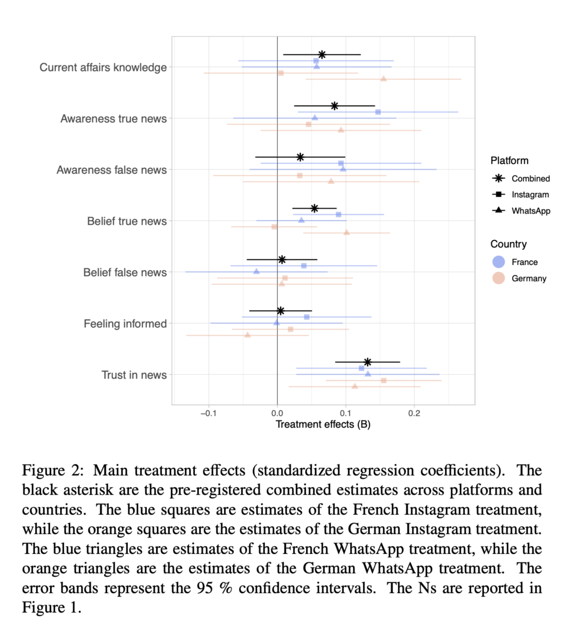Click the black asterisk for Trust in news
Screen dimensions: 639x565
367,362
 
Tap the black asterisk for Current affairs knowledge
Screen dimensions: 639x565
322,55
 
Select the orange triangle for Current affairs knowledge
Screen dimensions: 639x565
383,79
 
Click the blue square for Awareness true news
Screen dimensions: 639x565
378,112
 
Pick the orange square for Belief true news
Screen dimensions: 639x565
274,227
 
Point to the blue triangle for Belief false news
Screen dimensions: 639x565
256,271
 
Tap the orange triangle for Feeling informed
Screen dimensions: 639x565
247,335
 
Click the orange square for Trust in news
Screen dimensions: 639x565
383,381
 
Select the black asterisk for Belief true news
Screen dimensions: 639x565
314,208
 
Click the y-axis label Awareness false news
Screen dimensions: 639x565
111,170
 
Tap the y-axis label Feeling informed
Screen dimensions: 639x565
125,323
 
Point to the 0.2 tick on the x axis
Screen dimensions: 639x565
414,413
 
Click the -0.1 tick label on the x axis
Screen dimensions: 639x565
208,413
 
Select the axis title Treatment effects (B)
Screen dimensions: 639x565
323,424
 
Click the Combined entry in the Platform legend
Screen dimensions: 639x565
530,179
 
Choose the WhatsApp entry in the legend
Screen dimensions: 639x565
531,211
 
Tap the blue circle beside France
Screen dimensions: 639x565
499,262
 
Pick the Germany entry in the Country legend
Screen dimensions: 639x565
529,279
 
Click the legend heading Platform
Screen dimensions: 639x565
509,161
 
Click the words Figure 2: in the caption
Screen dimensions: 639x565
52,470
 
